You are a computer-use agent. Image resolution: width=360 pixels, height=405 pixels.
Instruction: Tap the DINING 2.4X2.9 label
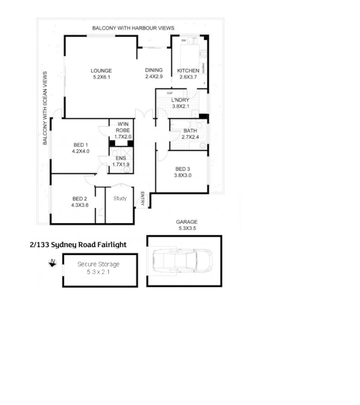[154, 73]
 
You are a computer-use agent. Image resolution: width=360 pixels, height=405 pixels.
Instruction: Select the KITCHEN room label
[188, 74]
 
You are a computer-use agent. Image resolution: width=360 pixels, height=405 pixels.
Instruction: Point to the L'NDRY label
[180, 103]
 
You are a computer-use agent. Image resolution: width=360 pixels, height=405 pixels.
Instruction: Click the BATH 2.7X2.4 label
[190, 134]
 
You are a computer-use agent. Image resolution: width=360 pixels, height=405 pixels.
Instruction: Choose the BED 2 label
[80, 201]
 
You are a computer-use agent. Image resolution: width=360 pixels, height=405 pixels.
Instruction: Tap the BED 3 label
[183, 172]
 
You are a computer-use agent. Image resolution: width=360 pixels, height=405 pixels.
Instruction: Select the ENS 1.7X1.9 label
[121, 161]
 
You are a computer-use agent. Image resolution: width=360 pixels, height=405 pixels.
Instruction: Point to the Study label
[120, 198]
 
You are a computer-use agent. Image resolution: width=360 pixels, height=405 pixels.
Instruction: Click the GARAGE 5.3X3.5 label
[186, 225]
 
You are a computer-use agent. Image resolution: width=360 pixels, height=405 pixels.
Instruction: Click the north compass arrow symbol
[52, 262]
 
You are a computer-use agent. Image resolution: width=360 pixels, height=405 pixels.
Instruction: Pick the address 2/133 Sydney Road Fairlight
[78, 245]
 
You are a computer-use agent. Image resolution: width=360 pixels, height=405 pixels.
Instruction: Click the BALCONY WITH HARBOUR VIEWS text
[133, 28]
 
